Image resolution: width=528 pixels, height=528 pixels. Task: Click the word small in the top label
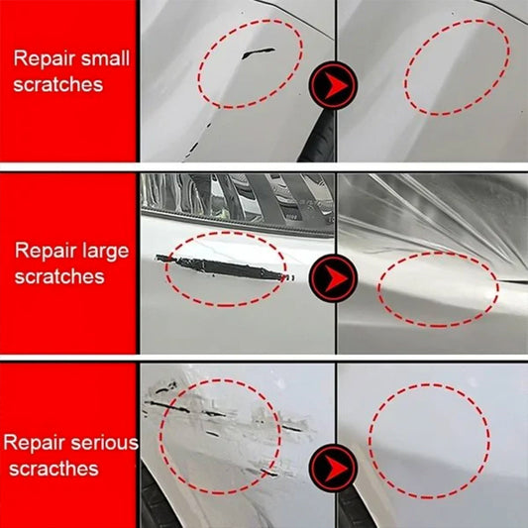pos(96,57)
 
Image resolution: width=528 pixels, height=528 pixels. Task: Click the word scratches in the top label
pos(58,85)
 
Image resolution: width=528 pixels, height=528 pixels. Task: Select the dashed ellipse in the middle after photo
pos(439,288)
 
